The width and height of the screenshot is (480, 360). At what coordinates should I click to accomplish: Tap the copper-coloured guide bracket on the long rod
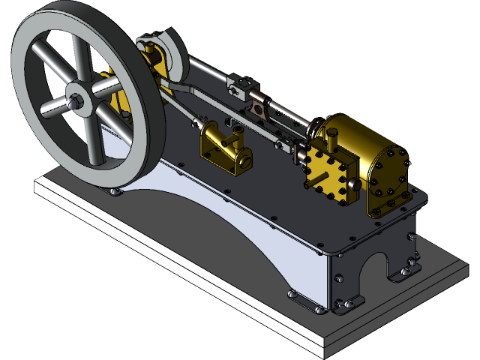tap(259, 108)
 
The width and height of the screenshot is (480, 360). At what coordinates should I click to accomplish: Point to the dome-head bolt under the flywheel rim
tap(115, 193)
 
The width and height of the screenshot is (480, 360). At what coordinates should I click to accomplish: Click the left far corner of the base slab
tap(36, 187)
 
